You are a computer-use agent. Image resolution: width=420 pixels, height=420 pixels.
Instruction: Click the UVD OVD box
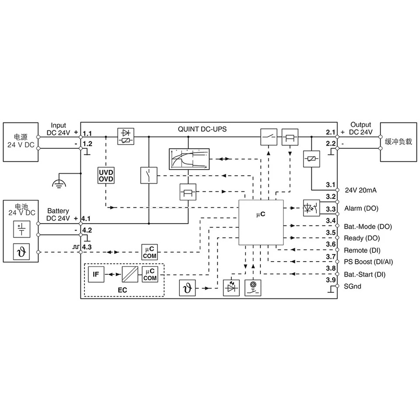point(106,175)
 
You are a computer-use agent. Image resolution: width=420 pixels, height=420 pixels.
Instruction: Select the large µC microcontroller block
point(261,222)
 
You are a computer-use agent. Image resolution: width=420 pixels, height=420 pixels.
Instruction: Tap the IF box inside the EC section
point(96,274)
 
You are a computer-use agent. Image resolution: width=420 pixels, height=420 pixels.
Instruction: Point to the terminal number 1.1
point(87,133)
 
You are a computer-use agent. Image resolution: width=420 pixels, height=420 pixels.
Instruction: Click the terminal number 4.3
point(87,247)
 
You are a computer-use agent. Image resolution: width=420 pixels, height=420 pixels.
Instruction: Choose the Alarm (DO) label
point(361,208)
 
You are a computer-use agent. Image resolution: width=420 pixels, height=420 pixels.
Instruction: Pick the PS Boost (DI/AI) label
point(368,262)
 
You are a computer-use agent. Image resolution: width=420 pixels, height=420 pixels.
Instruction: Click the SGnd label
point(353,286)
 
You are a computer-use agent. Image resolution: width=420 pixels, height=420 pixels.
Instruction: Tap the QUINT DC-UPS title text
point(202,129)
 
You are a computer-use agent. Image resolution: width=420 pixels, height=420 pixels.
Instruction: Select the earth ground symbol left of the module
point(59,183)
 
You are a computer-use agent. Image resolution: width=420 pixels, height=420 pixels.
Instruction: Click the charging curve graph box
point(189,159)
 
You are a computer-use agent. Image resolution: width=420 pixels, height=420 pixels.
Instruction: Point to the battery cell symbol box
point(22,229)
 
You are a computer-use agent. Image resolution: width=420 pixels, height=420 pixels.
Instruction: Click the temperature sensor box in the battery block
point(21,252)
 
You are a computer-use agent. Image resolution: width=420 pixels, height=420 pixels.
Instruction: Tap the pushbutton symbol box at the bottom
point(253,288)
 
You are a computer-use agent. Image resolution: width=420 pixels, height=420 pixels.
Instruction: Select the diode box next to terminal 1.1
point(126,136)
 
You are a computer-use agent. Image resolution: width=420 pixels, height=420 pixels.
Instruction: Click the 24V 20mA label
point(360,190)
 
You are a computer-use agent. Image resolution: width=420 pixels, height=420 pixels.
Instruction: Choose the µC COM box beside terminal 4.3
point(150,252)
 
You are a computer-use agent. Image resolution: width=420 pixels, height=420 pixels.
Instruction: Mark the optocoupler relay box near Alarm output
point(311,208)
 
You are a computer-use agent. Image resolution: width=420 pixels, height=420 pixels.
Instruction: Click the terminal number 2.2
point(331,143)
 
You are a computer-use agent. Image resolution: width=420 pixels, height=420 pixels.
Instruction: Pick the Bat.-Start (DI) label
point(364,274)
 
